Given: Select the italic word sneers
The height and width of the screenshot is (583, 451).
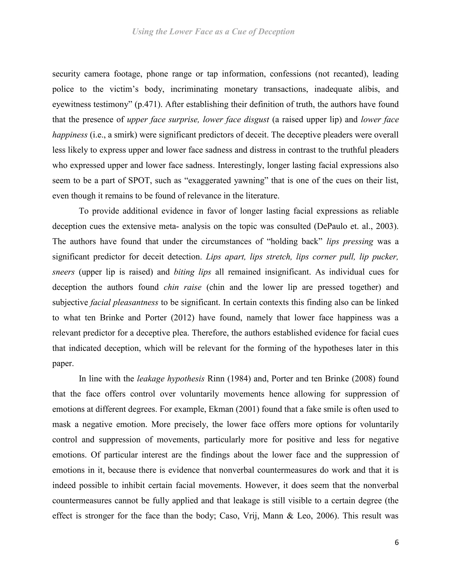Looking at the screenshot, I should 63,272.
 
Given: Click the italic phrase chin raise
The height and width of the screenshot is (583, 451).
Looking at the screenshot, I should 183,287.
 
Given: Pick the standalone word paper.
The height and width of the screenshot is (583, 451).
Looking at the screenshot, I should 63,364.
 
